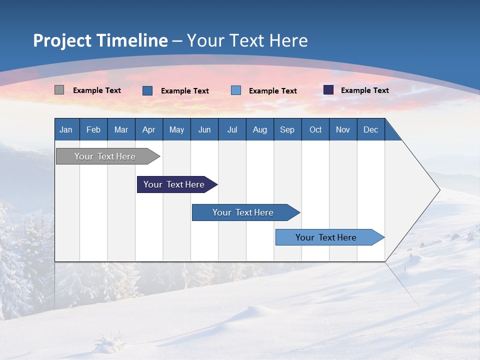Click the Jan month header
[66, 129]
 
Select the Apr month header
[149, 129]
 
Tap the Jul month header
[232, 129]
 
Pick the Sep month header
[287, 129]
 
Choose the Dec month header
[370, 129]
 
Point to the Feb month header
[93, 129]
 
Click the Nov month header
[343, 129]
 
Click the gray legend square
[59, 90]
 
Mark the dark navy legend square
[328, 90]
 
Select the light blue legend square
[236, 90]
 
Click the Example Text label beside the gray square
[97, 90]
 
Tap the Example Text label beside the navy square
[365, 90]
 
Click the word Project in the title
[62, 40]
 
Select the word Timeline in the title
[131, 40]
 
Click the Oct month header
[315, 129]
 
